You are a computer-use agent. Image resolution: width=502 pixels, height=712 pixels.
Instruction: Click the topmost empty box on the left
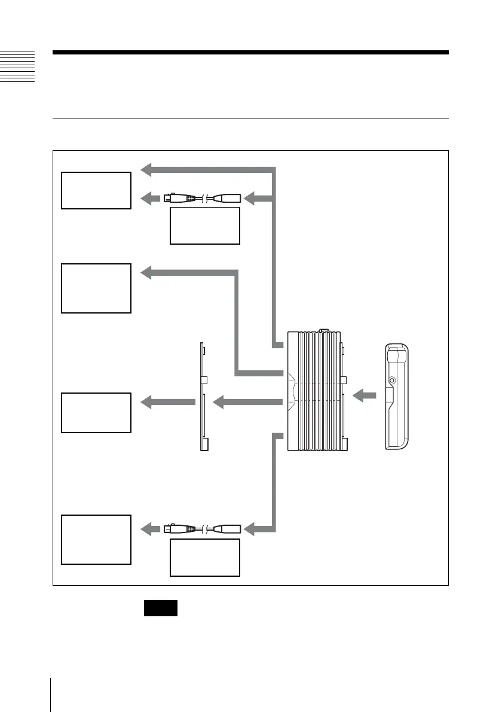pyautogui.click(x=96, y=190)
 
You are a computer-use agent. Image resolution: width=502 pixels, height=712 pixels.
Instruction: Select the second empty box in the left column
pyautogui.click(x=96, y=288)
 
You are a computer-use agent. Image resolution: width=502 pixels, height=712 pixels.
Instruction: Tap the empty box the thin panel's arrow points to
pyautogui.click(x=96, y=412)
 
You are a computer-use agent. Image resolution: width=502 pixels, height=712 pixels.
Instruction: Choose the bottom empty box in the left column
pyautogui.click(x=96, y=539)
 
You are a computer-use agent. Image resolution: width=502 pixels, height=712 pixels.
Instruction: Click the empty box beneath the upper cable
pyautogui.click(x=204, y=226)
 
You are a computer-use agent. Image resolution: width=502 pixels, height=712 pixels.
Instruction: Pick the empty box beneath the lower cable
pyautogui.click(x=204, y=557)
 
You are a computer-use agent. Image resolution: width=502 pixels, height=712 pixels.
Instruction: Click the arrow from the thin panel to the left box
pyautogui.click(x=167, y=402)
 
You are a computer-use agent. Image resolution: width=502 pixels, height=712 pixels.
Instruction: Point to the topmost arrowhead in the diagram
pyautogui.click(x=147, y=170)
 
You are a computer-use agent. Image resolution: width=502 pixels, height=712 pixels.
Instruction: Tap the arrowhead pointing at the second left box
pyautogui.click(x=147, y=273)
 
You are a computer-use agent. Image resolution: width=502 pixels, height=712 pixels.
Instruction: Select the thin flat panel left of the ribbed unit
pyautogui.click(x=203, y=397)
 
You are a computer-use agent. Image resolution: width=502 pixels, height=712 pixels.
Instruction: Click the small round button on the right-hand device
pyautogui.click(x=392, y=380)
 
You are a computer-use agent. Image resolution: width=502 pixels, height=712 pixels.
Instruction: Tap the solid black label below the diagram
pyautogui.click(x=160, y=608)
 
